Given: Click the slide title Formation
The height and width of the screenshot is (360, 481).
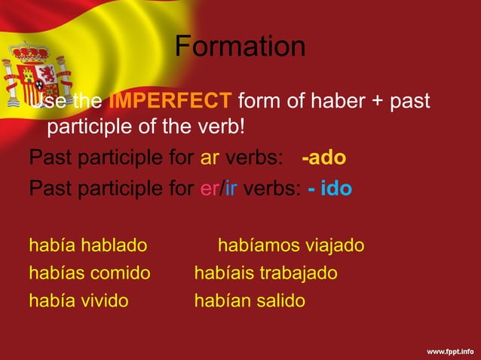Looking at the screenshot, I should (240, 47).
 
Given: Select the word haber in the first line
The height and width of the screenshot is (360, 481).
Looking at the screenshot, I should (333, 100).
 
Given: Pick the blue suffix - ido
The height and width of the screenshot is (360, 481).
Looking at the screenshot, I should (330, 188).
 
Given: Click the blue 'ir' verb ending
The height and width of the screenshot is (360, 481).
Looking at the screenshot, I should (231, 188).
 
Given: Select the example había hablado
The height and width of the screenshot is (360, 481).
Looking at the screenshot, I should (87, 246).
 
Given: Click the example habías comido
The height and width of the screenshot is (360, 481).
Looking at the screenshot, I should (89, 273).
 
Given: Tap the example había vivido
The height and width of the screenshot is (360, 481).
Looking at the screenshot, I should (78, 301).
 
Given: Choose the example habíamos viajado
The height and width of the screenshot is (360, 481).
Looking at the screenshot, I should (291, 246).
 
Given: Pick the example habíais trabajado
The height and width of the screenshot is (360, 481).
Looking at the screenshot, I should (265, 273).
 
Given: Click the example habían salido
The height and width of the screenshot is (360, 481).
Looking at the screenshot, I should (250, 301).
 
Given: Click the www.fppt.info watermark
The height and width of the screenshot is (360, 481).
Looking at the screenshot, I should (450, 351).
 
